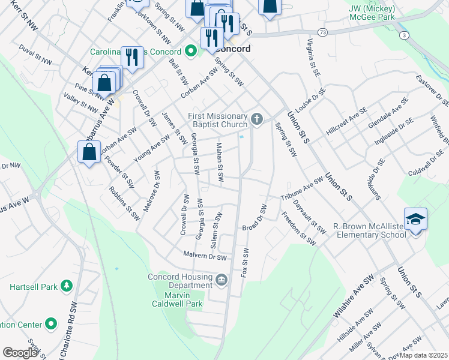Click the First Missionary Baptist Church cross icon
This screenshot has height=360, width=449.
(x=257, y=118)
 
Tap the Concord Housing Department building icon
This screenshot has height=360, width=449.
(x=221, y=279)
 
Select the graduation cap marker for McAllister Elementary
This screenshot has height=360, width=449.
(x=415, y=220)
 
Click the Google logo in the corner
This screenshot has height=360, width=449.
(x=20, y=353)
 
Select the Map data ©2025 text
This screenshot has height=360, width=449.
(x=424, y=355)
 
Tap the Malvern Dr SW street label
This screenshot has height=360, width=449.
(x=205, y=256)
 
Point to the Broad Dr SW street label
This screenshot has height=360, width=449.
(x=255, y=217)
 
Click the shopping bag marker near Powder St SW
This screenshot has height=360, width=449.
(x=89, y=152)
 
